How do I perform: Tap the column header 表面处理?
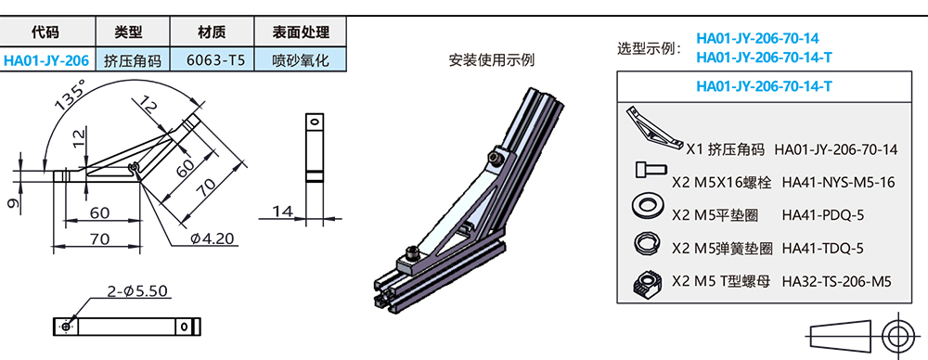(x=301, y=32)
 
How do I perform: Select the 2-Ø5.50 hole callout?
(x=135, y=290)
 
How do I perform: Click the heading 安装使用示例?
(x=491, y=60)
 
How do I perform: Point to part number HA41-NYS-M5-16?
(x=839, y=183)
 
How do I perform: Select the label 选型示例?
(x=650, y=49)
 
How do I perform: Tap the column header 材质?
(x=213, y=32)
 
